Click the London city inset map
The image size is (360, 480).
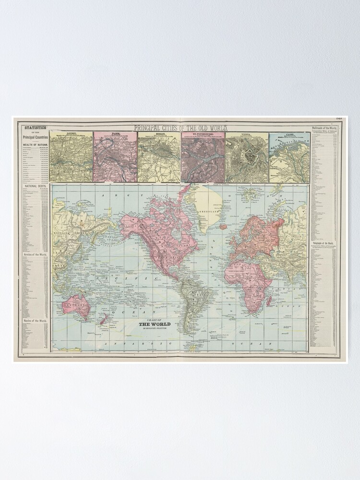click(x=71, y=157)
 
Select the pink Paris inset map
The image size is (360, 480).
click(x=115, y=157)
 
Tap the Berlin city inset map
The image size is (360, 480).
click(x=159, y=157)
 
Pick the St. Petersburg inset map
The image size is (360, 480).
click(x=203, y=157)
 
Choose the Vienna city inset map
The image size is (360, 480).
click(x=247, y=157)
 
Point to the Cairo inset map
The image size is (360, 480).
click(x=288, y=157)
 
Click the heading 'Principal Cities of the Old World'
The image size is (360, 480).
click(x=180, y=128)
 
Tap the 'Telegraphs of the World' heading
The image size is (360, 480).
click(x=327, y=245)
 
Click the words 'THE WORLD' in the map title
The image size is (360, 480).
click(x=154, y=324)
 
